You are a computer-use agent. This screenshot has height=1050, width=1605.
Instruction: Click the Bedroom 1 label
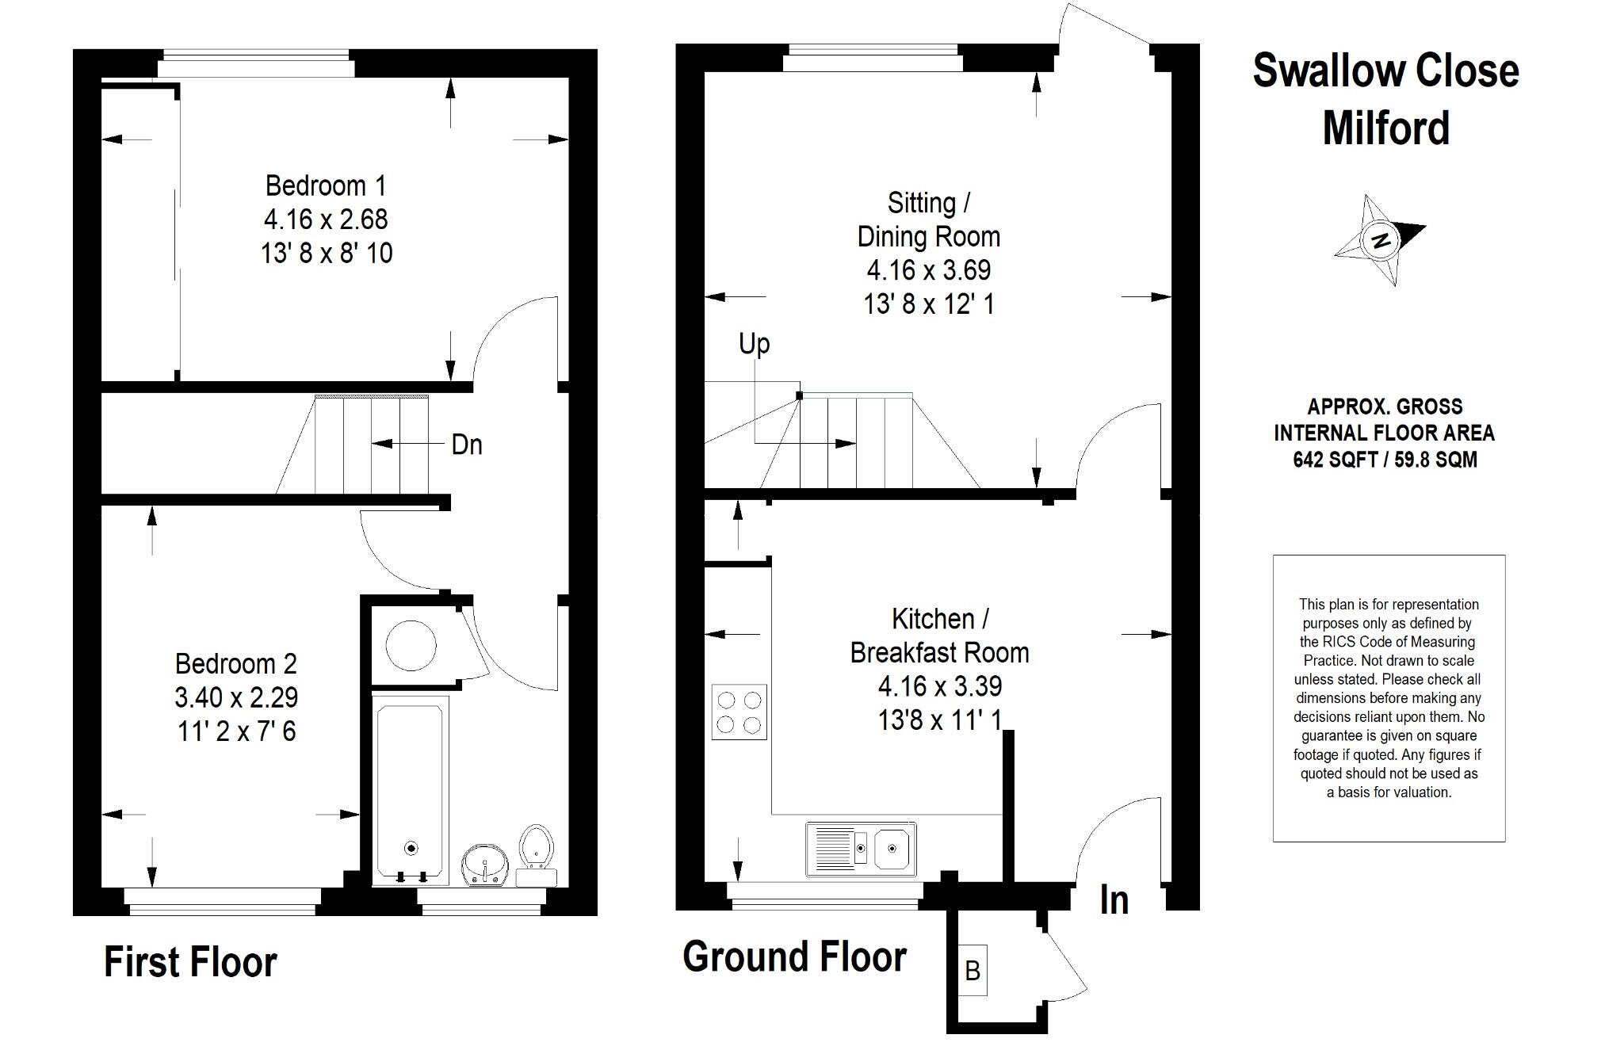(325, 185)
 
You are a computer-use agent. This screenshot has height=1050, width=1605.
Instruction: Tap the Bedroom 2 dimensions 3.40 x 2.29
(236, 697)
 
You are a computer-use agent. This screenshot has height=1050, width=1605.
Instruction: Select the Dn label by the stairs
(466, 445)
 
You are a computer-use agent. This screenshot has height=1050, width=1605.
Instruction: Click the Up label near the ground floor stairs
(754, 344)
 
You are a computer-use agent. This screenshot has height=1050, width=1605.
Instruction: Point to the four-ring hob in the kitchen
(739, 712)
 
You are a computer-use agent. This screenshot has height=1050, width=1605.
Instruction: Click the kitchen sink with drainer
(861, 850)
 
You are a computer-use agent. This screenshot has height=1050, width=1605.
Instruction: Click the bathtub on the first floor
(410, 791)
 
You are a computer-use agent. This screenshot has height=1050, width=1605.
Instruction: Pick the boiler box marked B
(972, 970)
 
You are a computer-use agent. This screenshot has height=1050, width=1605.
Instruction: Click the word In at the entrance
(1114, 900)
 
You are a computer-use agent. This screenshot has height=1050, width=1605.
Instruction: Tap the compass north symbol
(1381, 239)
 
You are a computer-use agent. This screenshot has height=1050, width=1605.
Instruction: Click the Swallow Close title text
(1385, 71)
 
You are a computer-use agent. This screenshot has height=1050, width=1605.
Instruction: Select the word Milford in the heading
(1385, 128)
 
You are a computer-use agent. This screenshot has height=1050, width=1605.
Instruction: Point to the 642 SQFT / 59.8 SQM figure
(1385, 460)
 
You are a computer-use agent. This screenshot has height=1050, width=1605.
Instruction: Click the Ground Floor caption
(794, 956)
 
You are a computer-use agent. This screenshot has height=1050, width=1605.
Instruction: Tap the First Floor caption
(190, 962)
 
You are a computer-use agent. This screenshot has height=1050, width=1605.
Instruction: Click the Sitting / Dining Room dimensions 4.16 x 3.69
(928, 270)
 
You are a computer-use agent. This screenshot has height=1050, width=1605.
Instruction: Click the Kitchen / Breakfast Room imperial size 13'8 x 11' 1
(939, 720)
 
